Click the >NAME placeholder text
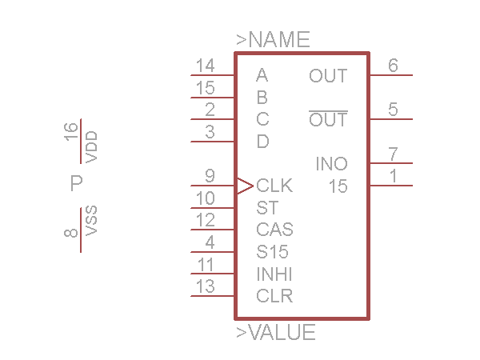point(273,39)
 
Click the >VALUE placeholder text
point(276,333)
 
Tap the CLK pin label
point(274,186)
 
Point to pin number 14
point(205,66)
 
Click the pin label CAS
point(274,230)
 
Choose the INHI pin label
point(274,274)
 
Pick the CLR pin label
point(274,296)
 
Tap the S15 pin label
point(272,252)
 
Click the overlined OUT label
point(328,120)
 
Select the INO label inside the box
point(331,165)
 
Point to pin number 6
point(393,66)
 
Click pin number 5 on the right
point(393,110)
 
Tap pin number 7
point(393,154)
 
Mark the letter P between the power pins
point(77,184)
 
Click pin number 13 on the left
point(205,286)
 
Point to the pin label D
point(262,142)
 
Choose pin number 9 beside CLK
point(210,176)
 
